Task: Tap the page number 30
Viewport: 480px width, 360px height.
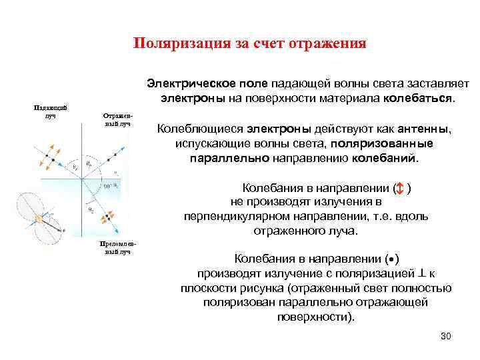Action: tap(446, 335)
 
